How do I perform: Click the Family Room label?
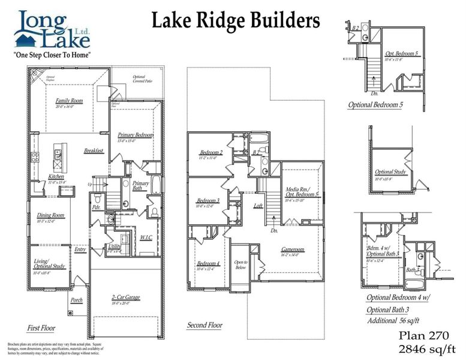click(69, 101)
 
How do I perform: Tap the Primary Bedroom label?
click(135, 135)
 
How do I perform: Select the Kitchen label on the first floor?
click(56, 176)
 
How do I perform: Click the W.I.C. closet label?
click(145, 238)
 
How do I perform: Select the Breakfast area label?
click(94, 151)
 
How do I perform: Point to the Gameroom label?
click(293, 250)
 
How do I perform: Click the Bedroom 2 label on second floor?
click(211, 152)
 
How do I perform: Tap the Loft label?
click(258, 206)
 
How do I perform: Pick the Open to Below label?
click(240, 265)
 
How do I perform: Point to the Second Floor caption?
click(204, 325)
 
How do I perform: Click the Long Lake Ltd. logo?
click(53, 30)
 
